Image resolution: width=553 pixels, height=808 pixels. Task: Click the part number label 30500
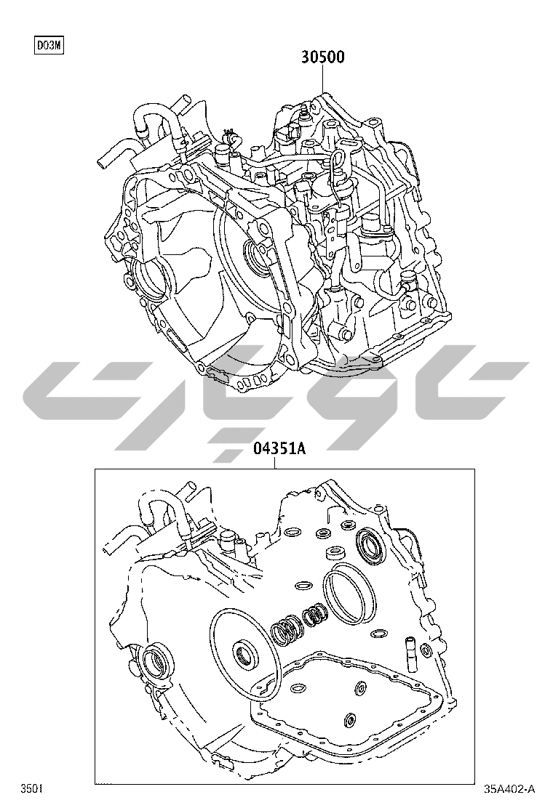pos(323,57)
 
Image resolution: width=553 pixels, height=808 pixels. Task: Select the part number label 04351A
pos(279,449)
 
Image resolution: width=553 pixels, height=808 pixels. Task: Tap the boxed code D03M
pos(49,46)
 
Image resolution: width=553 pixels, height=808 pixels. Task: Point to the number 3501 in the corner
pos(31,788)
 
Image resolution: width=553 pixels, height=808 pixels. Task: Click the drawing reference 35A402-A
pos(509,788)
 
